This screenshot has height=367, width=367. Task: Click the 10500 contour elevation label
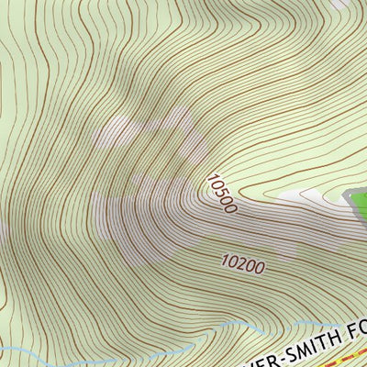point(222,195)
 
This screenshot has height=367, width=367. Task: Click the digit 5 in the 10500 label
point(220,193)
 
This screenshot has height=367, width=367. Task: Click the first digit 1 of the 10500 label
point(212,179)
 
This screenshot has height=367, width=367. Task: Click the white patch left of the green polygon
point(312,195)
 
